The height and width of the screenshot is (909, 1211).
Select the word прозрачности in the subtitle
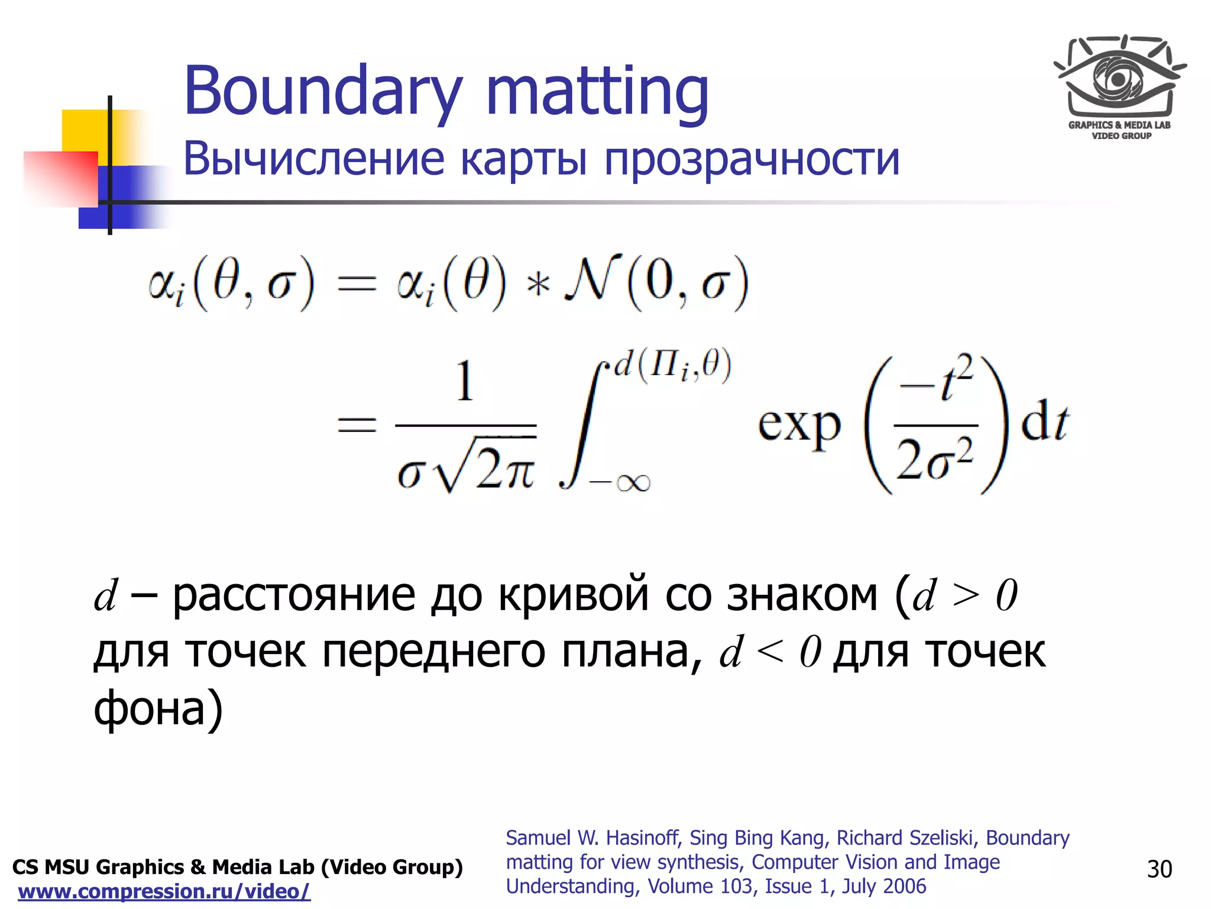pos(751,160)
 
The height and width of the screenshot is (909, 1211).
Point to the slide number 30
pos(1159,869)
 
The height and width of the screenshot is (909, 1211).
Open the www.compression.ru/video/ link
pos(164,891)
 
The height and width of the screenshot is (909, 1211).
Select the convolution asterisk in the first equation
pos(537,285)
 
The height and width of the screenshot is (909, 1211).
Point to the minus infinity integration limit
pos(620,483)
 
